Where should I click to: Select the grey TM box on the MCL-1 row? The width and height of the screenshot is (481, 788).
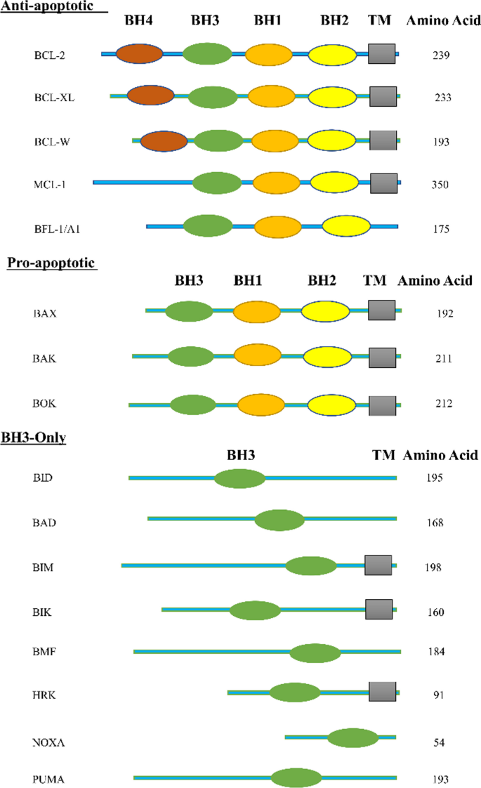click(x=384, y=183)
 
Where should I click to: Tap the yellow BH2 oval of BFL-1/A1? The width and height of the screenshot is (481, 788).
click(x=346, y=227)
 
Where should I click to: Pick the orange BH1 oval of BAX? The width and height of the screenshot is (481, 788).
click(x=256, y=312)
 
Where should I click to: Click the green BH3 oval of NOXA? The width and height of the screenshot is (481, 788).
click(x=352, y=738)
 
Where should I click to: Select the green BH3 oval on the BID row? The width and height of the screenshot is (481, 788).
click(x=240, y=479)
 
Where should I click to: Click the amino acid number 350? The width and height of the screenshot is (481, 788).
click(x=440, y=185)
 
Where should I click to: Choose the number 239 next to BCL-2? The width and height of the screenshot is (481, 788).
click(x=440, y=55)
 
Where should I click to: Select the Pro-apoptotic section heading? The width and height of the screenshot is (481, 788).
click(x=51, y=263)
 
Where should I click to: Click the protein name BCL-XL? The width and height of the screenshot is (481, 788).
click(x=54, y=98)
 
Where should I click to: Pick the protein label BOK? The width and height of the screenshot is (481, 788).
click(x=44, y=404)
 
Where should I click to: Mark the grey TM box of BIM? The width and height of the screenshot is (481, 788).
click(x=378, y=565)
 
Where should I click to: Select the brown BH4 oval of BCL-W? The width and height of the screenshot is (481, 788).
click(x=164, y=141)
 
